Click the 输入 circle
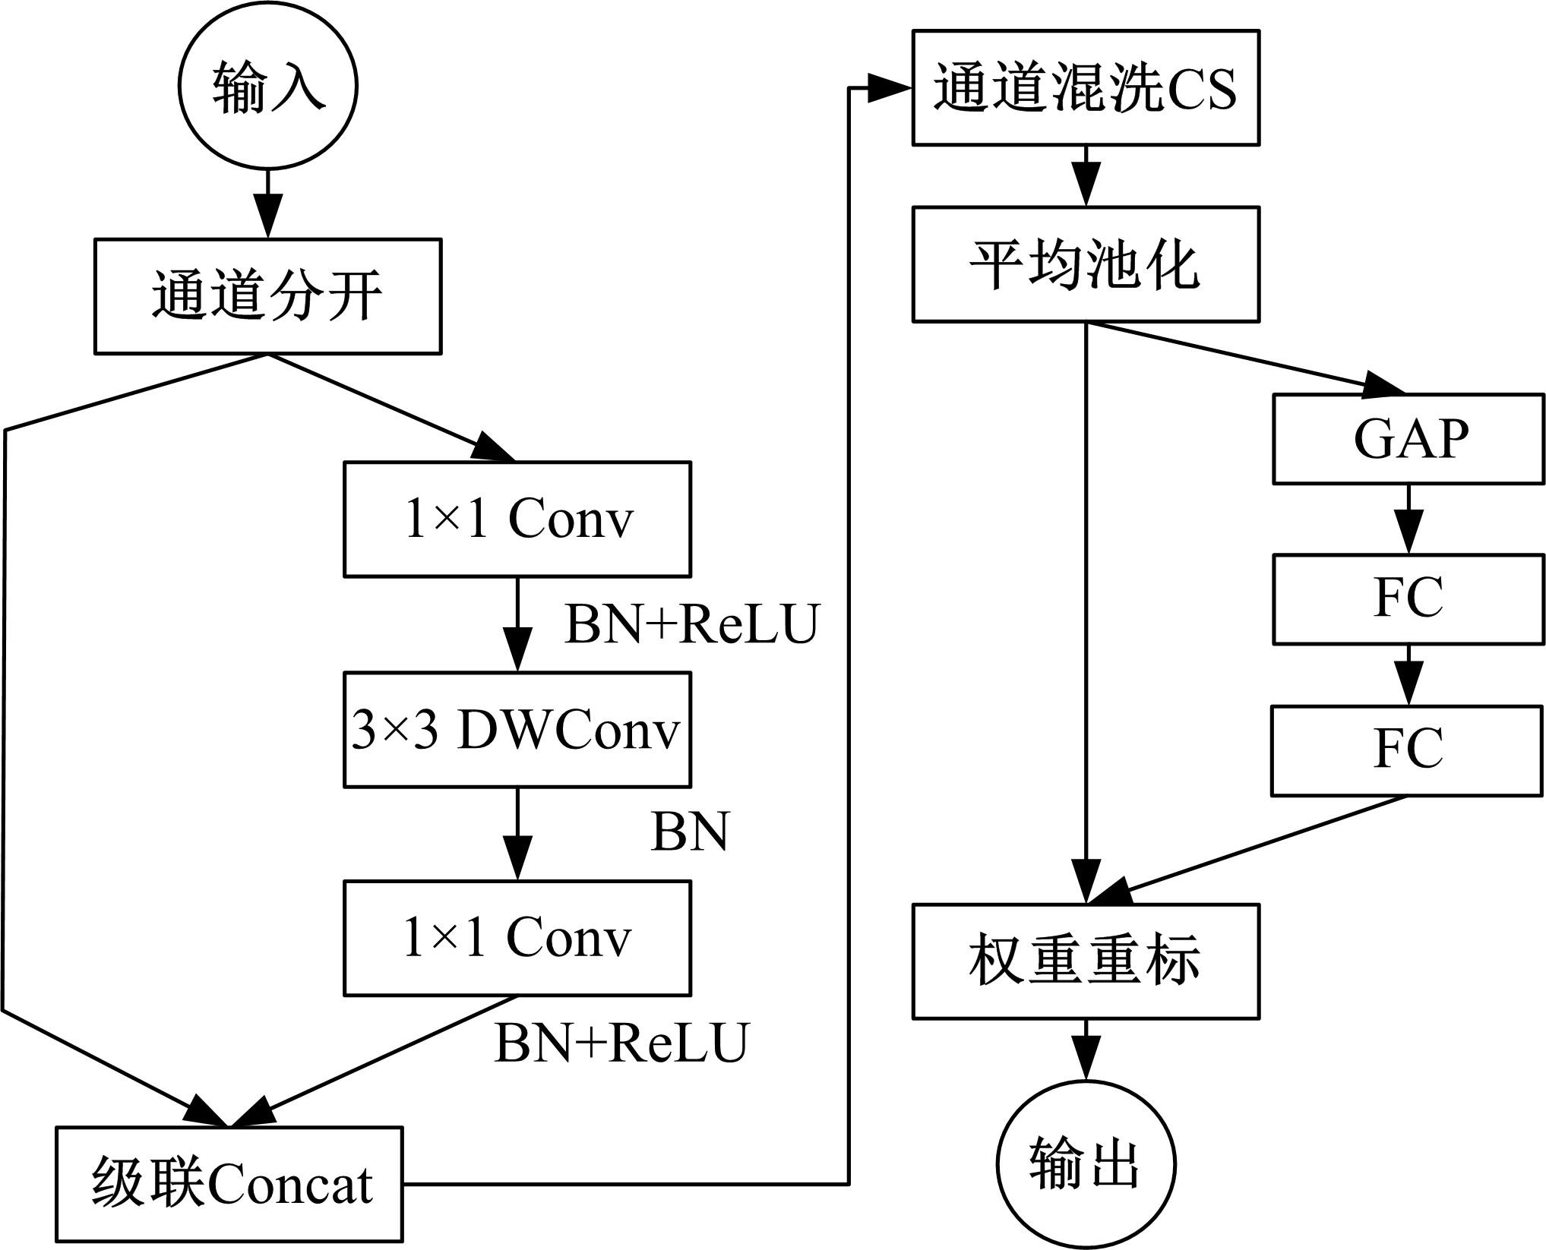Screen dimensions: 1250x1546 pos(267,86)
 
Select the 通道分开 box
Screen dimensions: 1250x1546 pos(267,296)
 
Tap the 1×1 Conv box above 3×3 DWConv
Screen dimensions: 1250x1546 pos(517,519)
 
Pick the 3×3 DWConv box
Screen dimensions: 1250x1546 pos(517,730)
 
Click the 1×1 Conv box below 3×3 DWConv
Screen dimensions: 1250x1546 pos(517,938)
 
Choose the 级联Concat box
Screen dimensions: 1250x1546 pos(229,1184)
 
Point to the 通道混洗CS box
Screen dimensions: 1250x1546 pos(1086,87)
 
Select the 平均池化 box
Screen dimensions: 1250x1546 pos(1086,264)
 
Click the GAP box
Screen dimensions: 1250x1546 pos(1408,439)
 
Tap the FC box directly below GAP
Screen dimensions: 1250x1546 pos(1408,599)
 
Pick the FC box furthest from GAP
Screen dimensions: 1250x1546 pos(1407,751)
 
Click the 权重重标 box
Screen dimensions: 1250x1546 pos(1086,961)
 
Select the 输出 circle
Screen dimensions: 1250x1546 pos(1086,1164)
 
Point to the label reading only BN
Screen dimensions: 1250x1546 pos(690,832)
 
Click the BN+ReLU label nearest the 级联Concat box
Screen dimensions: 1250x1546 pos(621,1043)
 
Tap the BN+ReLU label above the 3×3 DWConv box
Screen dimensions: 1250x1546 pos(691,624)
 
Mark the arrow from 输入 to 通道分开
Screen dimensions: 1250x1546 pos(267,204)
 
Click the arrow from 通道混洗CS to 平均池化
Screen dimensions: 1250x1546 pos(1086,175)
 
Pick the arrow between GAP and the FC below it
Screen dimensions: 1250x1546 pos(1408,519)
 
